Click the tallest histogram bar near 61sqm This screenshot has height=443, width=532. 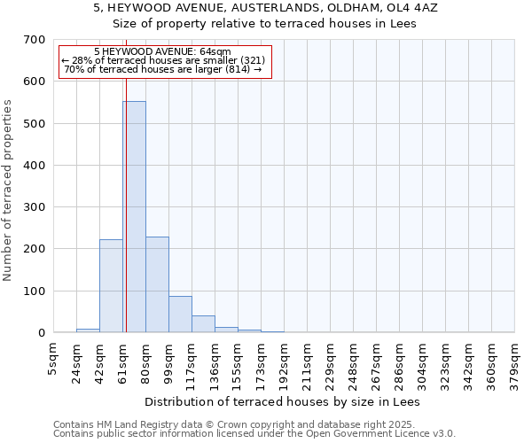coord(135,217)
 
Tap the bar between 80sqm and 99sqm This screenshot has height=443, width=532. coord(157,284)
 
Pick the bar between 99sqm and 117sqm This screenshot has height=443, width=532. coord(180,315)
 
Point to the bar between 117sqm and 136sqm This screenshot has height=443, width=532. coord(203,324)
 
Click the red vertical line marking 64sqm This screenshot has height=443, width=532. coord(126,177)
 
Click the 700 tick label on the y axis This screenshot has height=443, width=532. coord(35,40)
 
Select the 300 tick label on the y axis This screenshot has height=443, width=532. coord(35,207)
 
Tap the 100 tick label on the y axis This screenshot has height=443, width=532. coord(35,291)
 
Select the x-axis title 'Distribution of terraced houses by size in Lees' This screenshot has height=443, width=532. coord(281,401)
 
